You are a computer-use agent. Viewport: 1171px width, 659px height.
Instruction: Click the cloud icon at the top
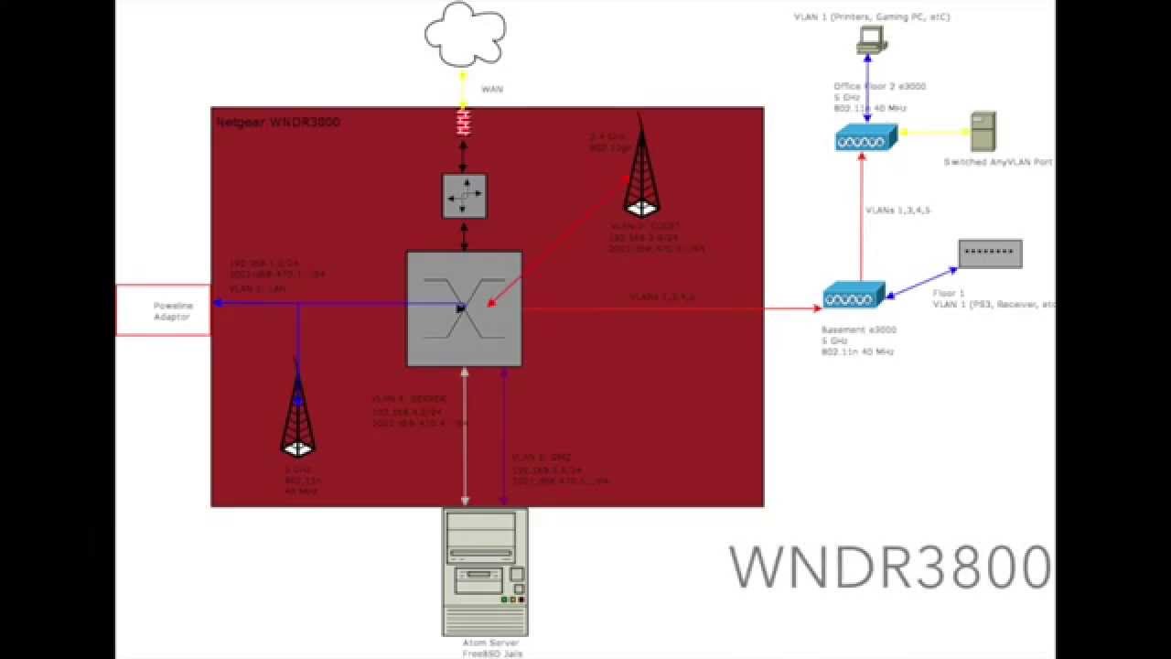coord(465,35)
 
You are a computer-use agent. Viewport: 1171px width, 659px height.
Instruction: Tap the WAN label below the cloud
coord(492,89)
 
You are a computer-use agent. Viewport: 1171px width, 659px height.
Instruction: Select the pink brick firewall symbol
coord(464,122)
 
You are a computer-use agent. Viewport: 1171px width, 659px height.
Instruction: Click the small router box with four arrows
coord(465,195)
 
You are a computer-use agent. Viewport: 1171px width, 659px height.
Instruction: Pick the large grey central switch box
coord(465,309)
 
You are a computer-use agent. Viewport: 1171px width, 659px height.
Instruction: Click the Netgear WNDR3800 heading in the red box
coord(278,122)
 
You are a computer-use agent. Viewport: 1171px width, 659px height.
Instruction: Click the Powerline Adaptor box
coord(163,310)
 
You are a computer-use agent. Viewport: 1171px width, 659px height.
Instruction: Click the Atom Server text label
coord(485,643)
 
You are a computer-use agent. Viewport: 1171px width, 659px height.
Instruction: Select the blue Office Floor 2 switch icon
coord(865,138)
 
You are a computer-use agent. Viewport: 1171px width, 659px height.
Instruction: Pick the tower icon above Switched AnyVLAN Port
coord(983,132)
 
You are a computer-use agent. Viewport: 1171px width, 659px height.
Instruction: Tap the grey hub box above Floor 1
coord(990,254)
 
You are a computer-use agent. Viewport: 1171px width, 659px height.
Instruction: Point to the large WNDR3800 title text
coord(890,567)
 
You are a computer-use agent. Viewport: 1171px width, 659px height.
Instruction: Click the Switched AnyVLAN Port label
coord(998,162)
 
